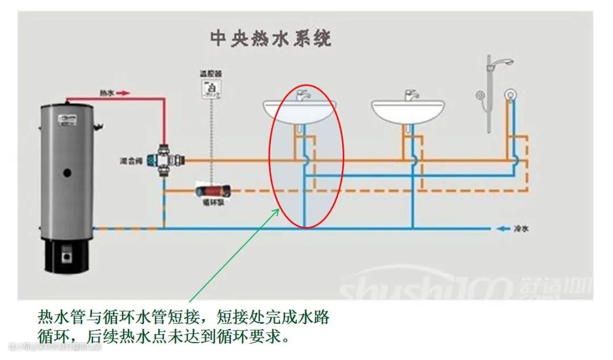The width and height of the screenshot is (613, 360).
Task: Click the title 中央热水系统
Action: coord(270,39)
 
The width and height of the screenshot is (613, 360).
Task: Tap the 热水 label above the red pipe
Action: coord(107,92)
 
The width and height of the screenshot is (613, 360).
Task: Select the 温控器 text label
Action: coord(210,74)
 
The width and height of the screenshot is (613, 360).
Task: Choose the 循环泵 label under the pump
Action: coord(213,202)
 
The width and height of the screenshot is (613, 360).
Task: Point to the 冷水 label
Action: coord(520,229)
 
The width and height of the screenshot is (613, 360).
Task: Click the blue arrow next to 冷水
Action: coord(502,229)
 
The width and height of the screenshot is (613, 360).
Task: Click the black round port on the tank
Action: coord(67,171)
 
